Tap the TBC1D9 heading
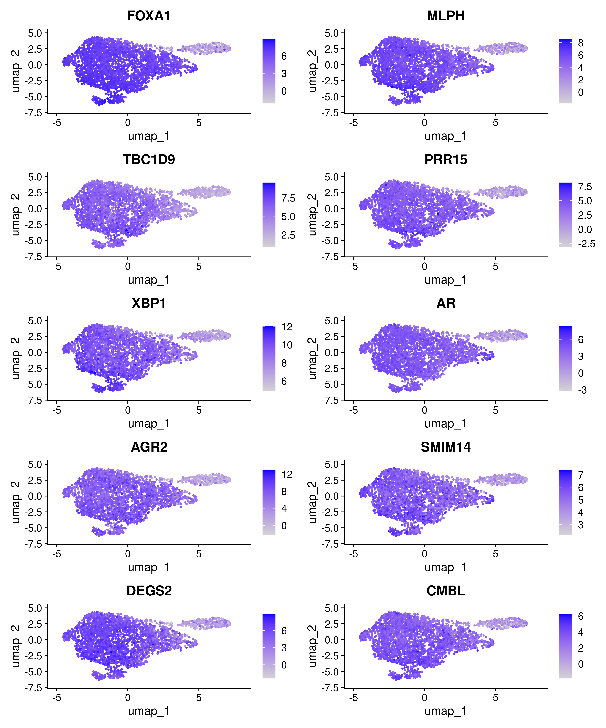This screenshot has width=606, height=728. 149,160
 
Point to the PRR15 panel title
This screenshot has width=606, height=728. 446,160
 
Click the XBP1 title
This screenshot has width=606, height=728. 149,303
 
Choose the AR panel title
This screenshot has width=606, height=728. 446,303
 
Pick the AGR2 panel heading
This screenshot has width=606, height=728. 149,447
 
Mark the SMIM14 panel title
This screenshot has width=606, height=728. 446,447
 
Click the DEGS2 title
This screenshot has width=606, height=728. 149,591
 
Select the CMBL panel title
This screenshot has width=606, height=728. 446,591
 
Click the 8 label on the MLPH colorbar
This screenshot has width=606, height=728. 581,43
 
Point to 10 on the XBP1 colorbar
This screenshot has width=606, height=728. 287,345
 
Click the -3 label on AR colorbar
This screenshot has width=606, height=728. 582,390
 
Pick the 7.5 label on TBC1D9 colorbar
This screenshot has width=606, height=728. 288,198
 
